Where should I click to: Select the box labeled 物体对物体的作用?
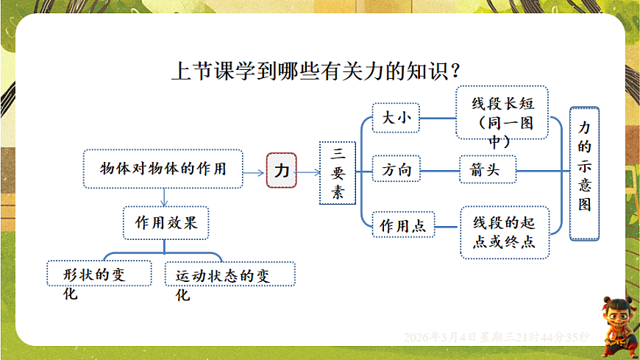pos(163,169)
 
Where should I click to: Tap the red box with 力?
pos(281,171)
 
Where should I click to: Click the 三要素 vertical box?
pos(338,173)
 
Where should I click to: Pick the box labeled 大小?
pos(396,118)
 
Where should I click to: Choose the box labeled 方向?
pos(396,171)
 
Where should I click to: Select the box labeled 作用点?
pos(403,226)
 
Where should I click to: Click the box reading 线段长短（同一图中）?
pos(502,112)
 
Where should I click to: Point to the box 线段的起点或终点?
pos(505,232)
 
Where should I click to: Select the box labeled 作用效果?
pos(166,222)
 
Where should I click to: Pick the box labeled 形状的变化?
pos(99,275)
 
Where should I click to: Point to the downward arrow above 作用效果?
pos(164,195)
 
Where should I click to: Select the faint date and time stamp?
pos(497,336)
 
